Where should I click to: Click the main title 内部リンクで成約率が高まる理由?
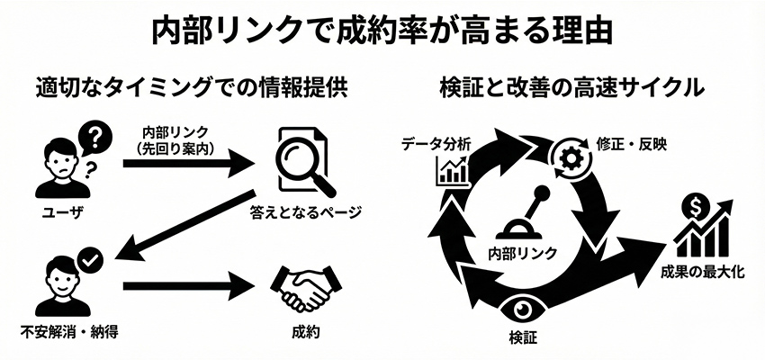click(382, 29)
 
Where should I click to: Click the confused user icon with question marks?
click(63, 162)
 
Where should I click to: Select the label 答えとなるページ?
click(306, 212)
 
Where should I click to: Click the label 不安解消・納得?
click(65, 330)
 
